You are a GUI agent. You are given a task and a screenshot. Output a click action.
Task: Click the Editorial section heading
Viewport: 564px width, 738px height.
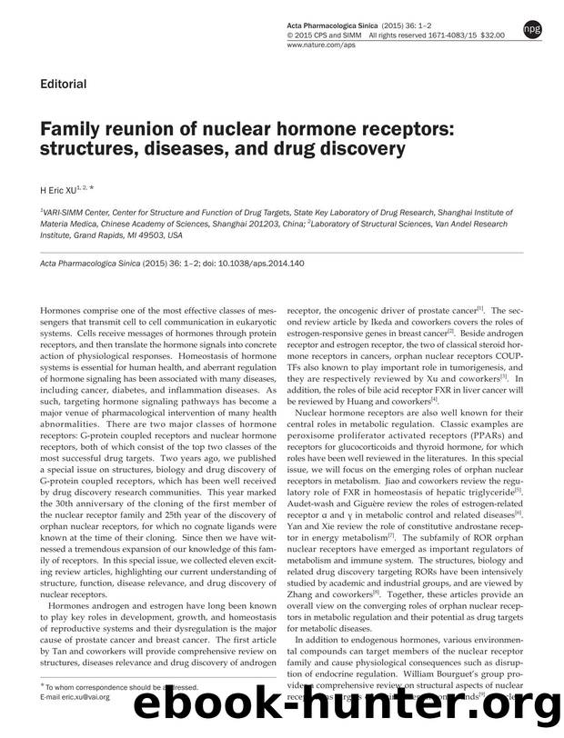(x=63, y=85)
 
